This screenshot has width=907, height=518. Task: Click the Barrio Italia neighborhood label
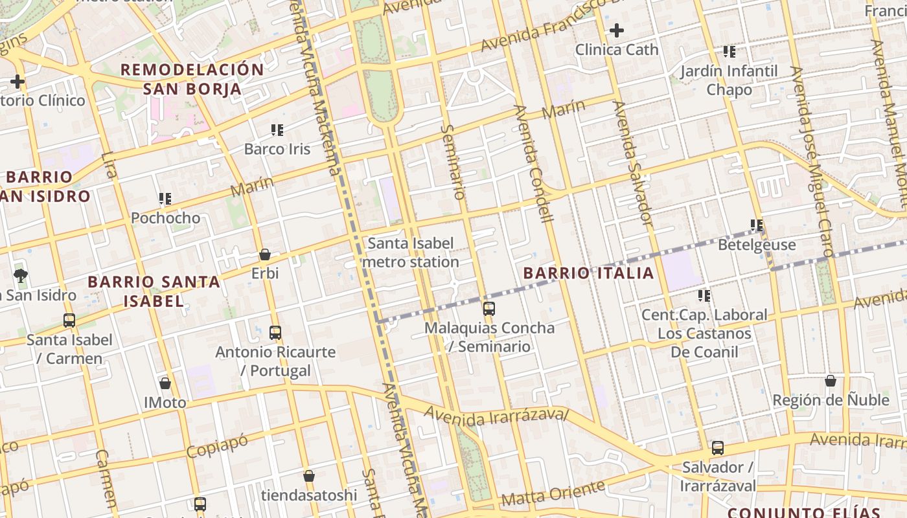point(588,273)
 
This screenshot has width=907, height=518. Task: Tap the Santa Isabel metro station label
point(411,253)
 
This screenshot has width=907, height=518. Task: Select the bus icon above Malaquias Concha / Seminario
point(489,309)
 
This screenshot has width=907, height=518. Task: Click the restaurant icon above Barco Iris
point(277,130)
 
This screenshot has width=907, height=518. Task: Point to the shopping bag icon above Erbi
point(264,254)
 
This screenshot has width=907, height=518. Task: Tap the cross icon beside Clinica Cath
point(617,30)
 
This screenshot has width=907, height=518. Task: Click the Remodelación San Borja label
point(192,79)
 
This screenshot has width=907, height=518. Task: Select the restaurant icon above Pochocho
point(165,199)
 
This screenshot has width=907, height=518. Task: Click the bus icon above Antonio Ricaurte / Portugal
point(275,333)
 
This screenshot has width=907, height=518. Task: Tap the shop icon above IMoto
point(165,383)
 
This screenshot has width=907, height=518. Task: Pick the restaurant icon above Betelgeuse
point(756,225)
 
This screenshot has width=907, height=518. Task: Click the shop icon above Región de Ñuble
point(831,381)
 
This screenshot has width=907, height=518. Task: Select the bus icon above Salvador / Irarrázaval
point(717,447)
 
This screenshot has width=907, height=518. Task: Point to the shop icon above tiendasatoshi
point(309,476)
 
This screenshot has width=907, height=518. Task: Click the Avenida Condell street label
point(533,163)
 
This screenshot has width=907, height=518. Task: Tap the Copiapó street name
point(217,446)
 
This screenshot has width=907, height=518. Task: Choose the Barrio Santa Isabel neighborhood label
point(154,291)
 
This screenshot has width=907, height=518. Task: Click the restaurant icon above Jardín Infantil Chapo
point(729,52)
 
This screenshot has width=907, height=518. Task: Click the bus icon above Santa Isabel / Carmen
point(69,320)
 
